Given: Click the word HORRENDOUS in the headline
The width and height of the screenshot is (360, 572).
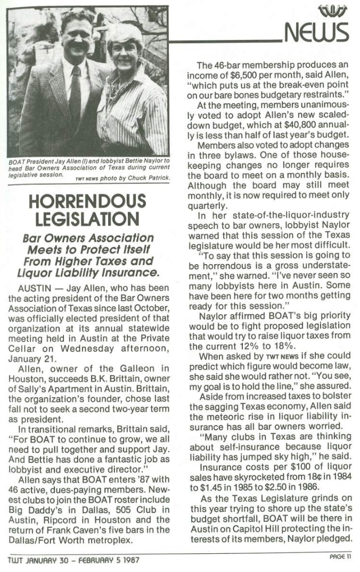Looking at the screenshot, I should point(88,201).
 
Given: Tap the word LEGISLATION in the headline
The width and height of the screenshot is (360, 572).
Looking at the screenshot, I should point(88,219).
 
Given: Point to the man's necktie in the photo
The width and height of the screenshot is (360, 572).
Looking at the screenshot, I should point(75,91).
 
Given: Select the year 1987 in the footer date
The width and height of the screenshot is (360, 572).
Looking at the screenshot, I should point(131,560).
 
